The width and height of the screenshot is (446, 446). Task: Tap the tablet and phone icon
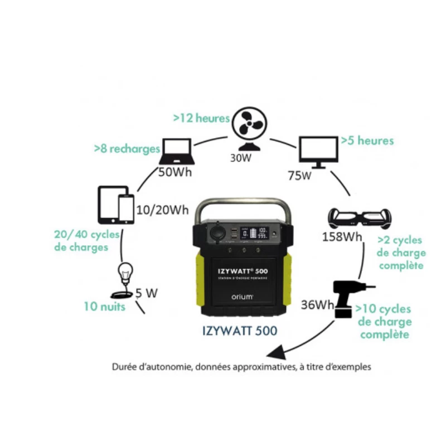pos(116,205)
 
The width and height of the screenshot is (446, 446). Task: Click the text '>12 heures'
pos(201,118)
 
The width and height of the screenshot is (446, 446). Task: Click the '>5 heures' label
pos(367,140)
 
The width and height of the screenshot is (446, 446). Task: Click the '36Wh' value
pos(316,305)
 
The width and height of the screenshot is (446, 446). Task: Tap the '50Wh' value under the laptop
pos(175,172)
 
